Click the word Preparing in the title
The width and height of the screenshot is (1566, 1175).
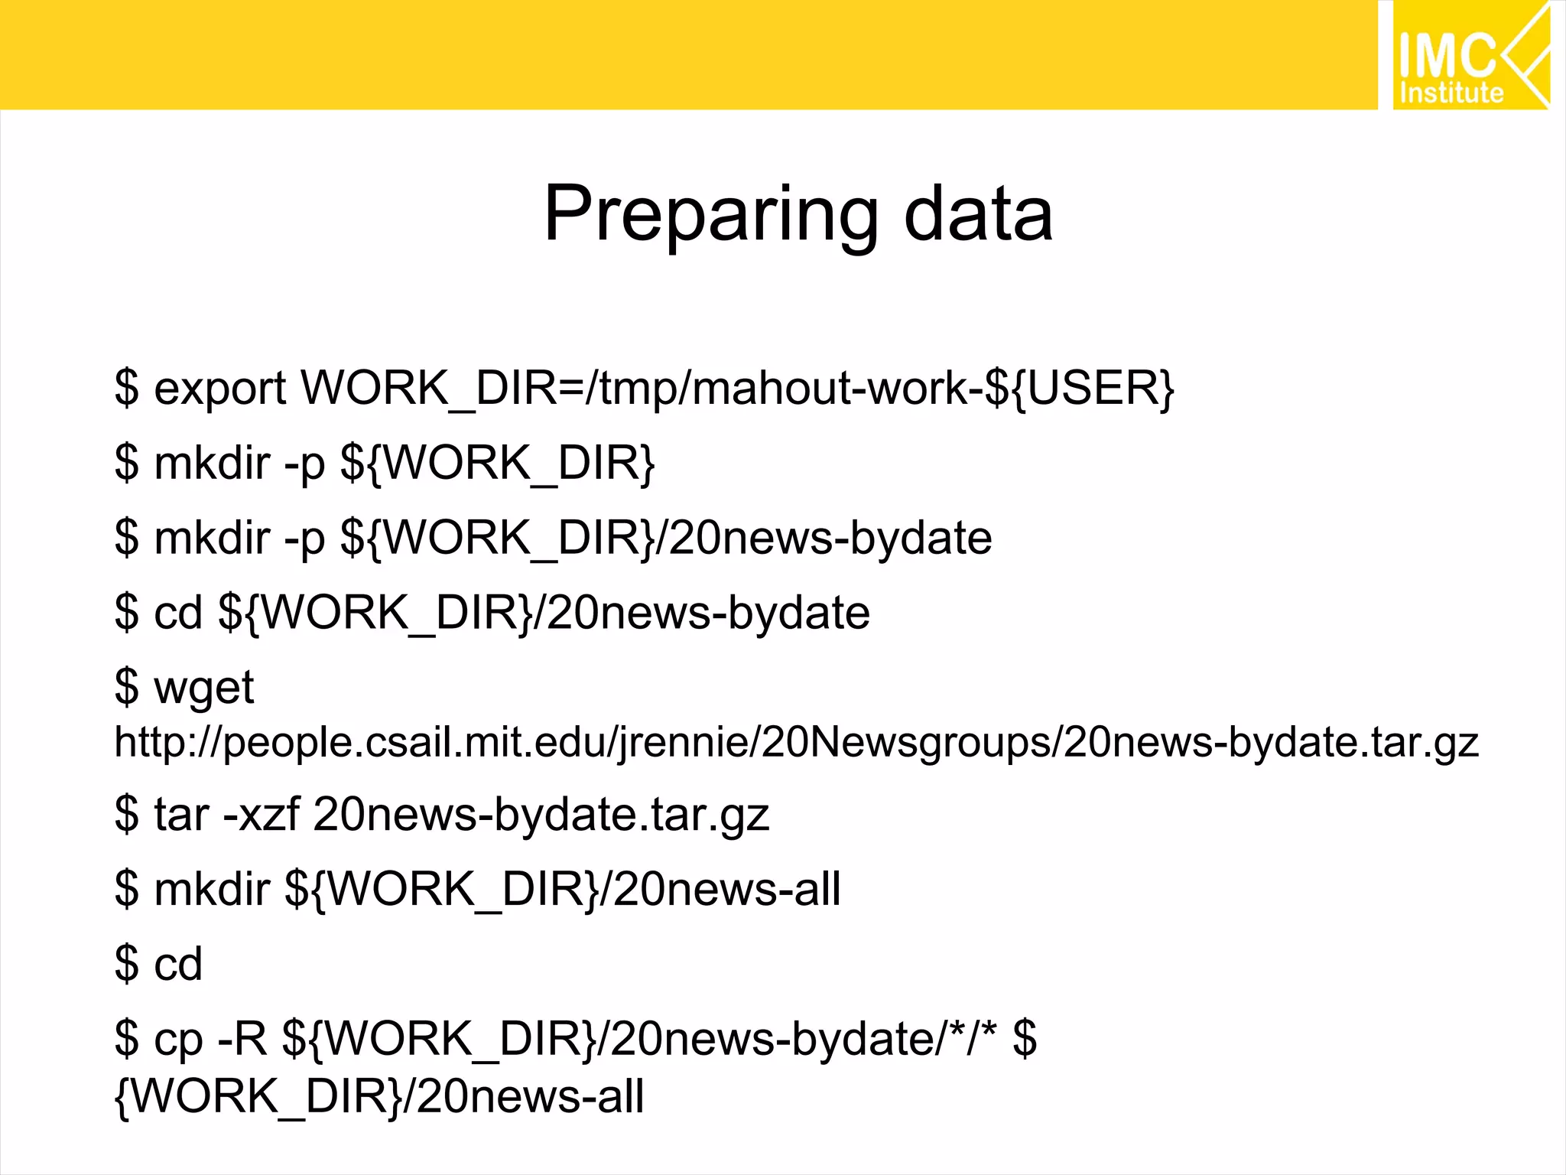coord(711,216)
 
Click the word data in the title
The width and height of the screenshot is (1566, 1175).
coord(978,216)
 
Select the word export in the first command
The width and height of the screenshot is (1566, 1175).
coord(220,389)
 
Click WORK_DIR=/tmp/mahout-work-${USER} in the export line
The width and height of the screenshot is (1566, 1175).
coord(737,389)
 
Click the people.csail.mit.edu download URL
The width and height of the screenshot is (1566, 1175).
coord(796,742)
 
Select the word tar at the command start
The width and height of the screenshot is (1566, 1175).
coord(181,814)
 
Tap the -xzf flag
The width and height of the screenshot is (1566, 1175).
coord(261,814)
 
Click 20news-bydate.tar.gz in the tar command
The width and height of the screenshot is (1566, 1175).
coord(541,814)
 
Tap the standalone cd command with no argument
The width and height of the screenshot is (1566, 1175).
coord(178,964)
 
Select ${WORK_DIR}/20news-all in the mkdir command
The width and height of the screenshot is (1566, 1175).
coord(562,889)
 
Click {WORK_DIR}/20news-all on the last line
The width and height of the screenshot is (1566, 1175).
coord(379,1095)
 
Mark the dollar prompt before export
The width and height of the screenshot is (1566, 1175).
coord(127,389)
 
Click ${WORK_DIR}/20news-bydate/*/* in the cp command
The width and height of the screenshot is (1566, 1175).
coord(639,1039)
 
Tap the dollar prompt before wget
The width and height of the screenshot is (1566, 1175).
coord(127,687)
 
